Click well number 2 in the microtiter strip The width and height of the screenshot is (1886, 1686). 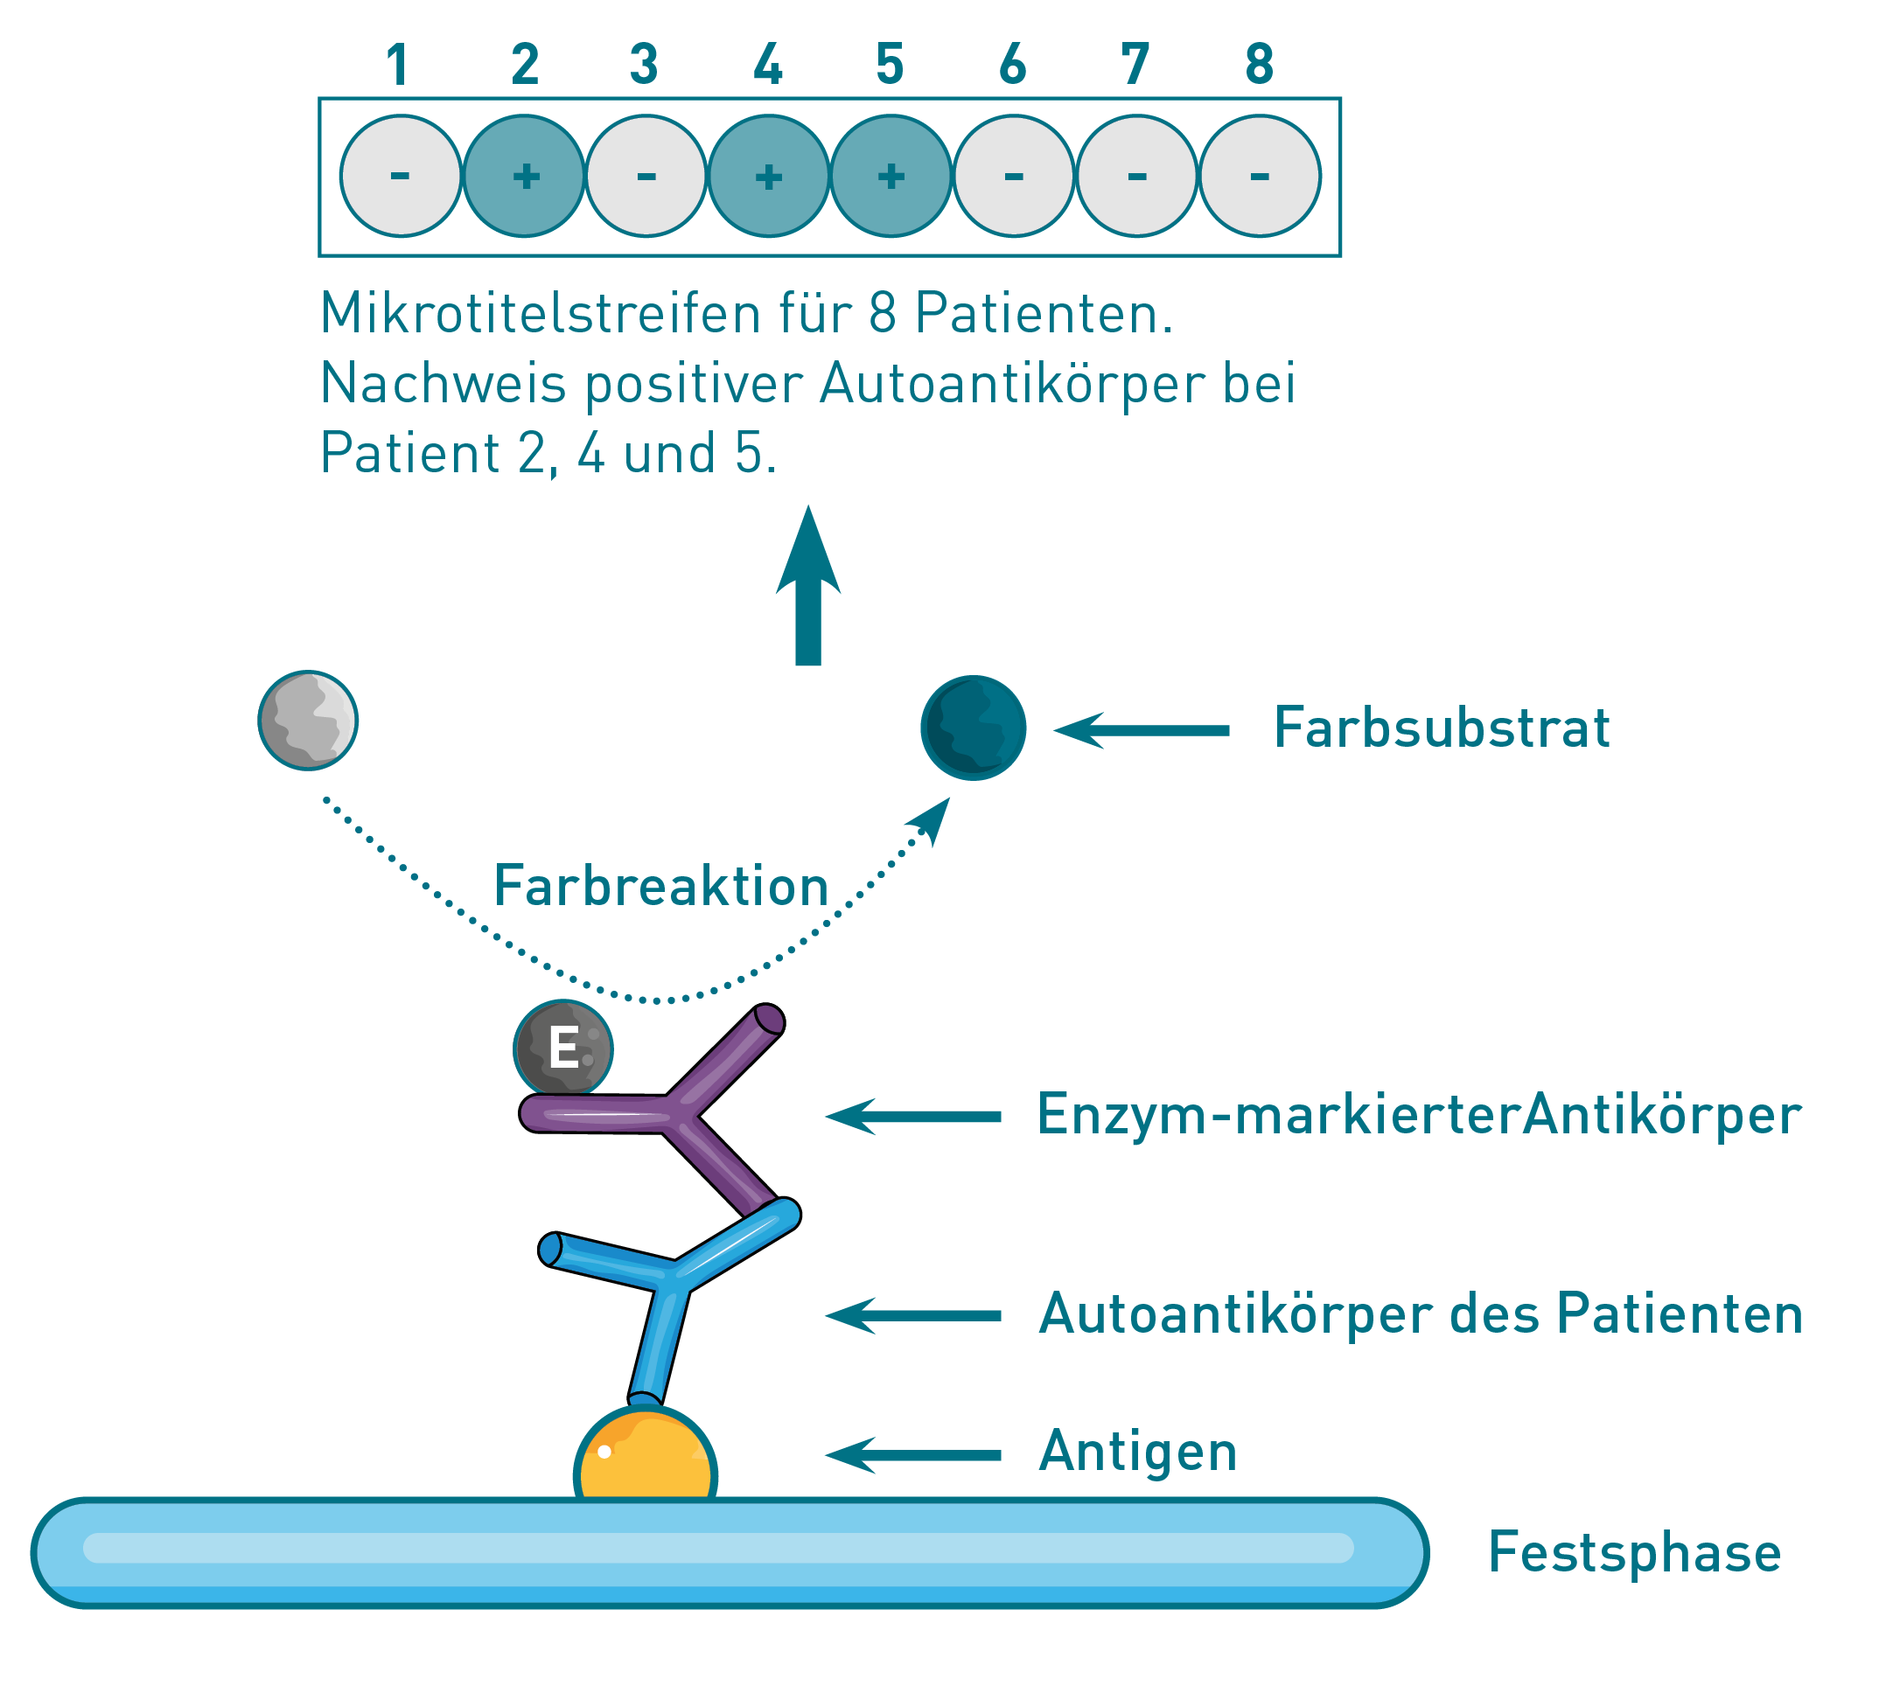pyautogui.click(x=524, y=176)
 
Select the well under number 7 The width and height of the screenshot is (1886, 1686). pyautogui.click(x=1136, y=176)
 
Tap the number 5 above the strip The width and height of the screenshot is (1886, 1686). pyautogui.click(x=890, y=65)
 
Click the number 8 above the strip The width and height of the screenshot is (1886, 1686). pyautogui.click(x=1259, y=65)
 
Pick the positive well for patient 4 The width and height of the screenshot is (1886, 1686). pyautogui.click(x=768, y=176)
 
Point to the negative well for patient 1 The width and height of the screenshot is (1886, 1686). pyautogui.click(x=401, y=176)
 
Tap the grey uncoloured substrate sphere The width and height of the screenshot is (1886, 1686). pyautogui.click(x=308, y=720)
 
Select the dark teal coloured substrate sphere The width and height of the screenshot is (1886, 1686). pyautogui.click(x=973, y=728)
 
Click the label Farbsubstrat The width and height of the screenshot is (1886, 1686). pyautogui.click(x=1441, y=728)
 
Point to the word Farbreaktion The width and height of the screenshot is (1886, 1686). pyautogui.click(x=660, y=887)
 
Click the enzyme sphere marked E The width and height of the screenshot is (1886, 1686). pyautogui.click(x=562, y=1049)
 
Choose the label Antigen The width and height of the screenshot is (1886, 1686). pyautogui.click(x=1138, y=1452)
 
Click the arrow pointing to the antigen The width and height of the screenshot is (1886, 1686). pyautogui.click(x=913, y=1454)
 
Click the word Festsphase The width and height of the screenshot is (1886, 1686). pyautogui.click(x=1634, y=1554)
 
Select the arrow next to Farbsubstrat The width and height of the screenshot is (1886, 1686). pyautogui.click(x=1142, y=730)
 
